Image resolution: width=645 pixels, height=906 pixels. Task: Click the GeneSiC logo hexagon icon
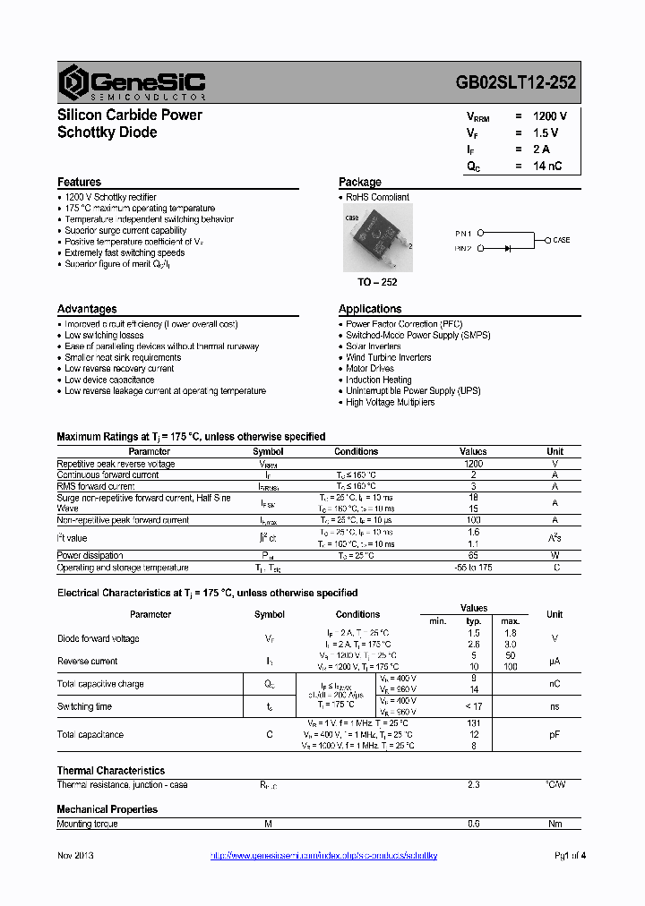pos(72,81)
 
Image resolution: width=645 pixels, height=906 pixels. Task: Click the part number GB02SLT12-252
pos(516,82)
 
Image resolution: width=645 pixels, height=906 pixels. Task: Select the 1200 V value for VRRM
pos(550,116)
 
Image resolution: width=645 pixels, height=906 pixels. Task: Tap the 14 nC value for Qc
pos(547,167)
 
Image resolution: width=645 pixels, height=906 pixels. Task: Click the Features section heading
pos(80,182)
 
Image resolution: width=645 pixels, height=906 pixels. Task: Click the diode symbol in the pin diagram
pos(508,247)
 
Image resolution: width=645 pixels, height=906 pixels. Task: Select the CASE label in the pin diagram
pos(561,240)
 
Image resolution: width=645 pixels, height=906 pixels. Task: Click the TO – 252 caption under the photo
pos(376,282)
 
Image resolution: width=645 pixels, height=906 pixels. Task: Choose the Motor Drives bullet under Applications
pos(370,369)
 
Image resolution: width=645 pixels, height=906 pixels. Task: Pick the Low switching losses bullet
pos(104,335)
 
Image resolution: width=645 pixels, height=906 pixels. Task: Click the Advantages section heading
pos(87,309)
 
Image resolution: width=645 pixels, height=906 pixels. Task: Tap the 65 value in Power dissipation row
pos(473,556)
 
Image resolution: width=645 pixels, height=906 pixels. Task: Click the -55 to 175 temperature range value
pos(473,568)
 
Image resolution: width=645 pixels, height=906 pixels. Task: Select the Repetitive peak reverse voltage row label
pos(116,464)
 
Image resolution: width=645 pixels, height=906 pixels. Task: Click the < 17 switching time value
pos(473,706)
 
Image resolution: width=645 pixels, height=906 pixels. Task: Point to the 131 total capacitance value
pos(474,723)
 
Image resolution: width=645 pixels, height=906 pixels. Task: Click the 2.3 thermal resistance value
pos(474,785)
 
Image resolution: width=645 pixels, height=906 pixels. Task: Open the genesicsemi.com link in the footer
pos(323,856)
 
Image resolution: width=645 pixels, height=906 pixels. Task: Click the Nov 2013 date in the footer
pos(76,856)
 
